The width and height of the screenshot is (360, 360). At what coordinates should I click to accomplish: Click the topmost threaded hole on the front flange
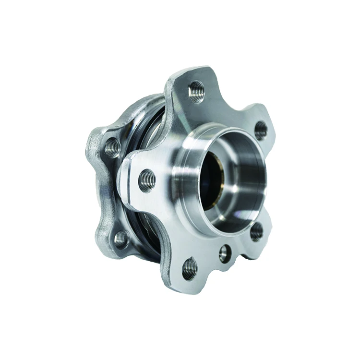[196, 91]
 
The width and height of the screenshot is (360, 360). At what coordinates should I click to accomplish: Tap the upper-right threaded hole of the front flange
[261, 130]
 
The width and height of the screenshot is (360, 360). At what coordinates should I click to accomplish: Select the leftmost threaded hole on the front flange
[147, 180]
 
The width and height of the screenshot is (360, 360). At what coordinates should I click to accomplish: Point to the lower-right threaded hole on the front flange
[256, 232]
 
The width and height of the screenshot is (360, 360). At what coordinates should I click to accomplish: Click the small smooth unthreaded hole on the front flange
[224, 253]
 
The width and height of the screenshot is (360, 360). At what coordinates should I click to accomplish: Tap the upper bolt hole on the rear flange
[112, 147]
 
